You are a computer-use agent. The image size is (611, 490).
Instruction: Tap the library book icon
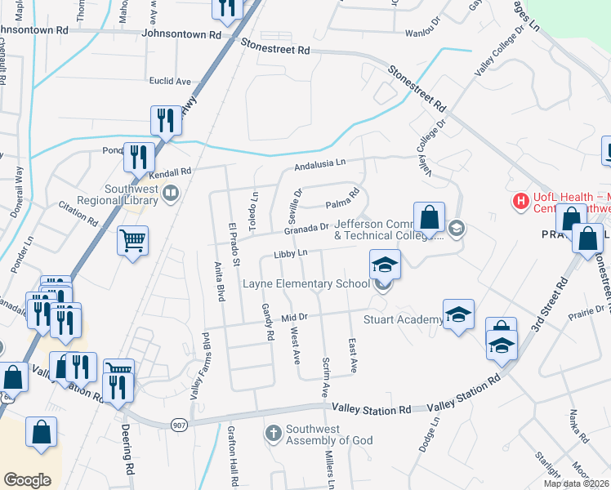171,194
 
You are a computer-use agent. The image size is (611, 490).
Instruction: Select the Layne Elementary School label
306,284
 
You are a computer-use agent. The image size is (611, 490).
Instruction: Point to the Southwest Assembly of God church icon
274,432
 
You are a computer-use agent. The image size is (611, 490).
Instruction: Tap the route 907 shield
179,424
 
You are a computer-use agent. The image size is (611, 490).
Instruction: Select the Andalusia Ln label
321,167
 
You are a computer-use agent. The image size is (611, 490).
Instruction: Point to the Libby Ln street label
290,254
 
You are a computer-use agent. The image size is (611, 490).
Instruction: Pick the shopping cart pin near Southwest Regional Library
132,241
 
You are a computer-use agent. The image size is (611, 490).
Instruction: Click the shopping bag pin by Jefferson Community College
429,217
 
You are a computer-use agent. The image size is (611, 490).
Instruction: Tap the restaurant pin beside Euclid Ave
167,120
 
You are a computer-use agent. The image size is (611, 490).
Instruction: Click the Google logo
27,480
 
